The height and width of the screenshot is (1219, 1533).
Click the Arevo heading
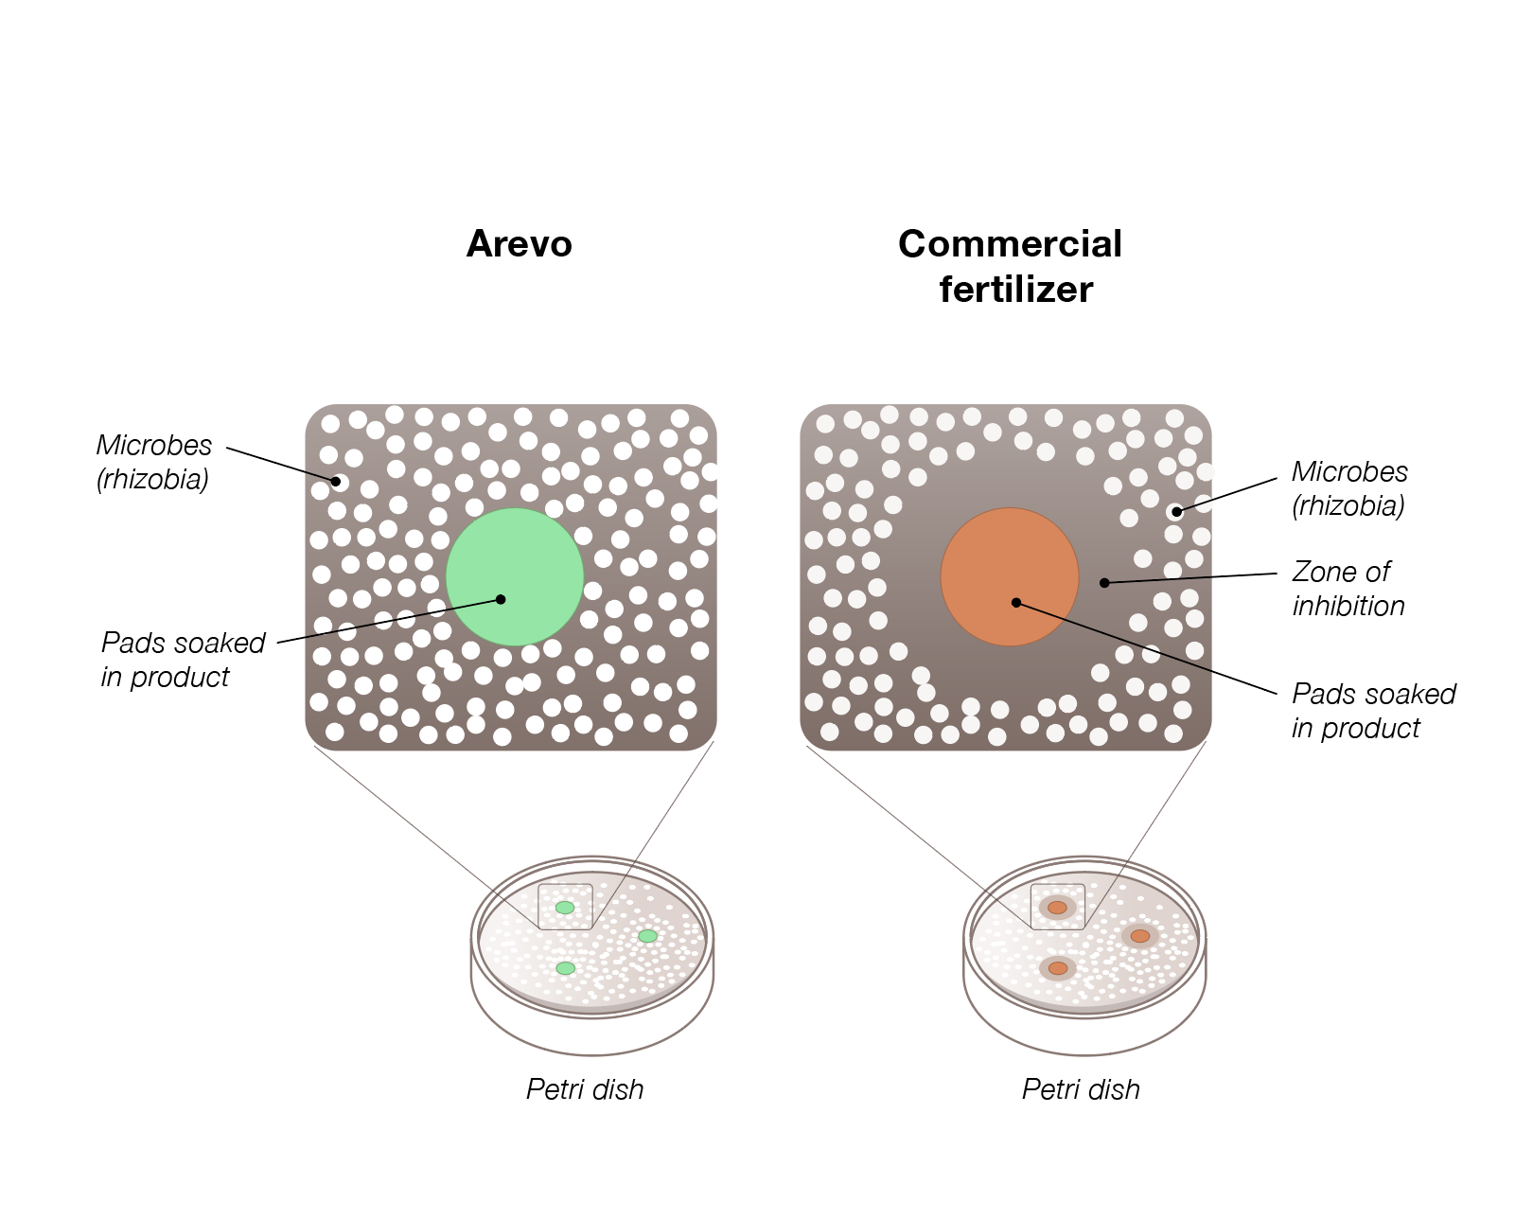coord(519,244)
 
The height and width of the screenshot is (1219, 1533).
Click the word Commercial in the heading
coord(1010,244)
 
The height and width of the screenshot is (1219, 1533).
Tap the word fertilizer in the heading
coord(1015,290)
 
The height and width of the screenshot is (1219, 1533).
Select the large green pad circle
coord(514,577)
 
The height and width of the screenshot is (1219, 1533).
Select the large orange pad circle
coord(1010,577)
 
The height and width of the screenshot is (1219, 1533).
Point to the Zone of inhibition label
coord(1348,589)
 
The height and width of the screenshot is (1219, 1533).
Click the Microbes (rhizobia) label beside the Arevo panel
coord(153,462)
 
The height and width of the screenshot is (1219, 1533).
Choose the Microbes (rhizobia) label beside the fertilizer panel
coord(1349,488)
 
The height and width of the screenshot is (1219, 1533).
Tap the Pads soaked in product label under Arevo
coord(183,660)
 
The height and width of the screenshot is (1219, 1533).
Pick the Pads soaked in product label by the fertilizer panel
coord(1373,711)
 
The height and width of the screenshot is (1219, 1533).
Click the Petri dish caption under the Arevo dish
coord(585,1089)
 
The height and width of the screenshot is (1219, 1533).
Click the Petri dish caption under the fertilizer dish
coord(1081,1089)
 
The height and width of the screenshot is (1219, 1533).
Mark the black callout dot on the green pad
coord(501,599)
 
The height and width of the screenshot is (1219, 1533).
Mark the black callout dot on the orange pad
coord(1015,602)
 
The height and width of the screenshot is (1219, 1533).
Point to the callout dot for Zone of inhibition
coord(1104,583)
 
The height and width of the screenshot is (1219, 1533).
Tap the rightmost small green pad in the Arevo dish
coord(647,936)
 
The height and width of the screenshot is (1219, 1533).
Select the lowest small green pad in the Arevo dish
coord(565,968)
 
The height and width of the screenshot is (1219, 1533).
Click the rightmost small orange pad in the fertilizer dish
coord(1140,936)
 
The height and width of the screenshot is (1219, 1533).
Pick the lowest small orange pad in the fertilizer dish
coord(1058,968)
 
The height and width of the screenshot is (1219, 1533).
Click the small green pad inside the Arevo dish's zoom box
coord(565,908)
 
